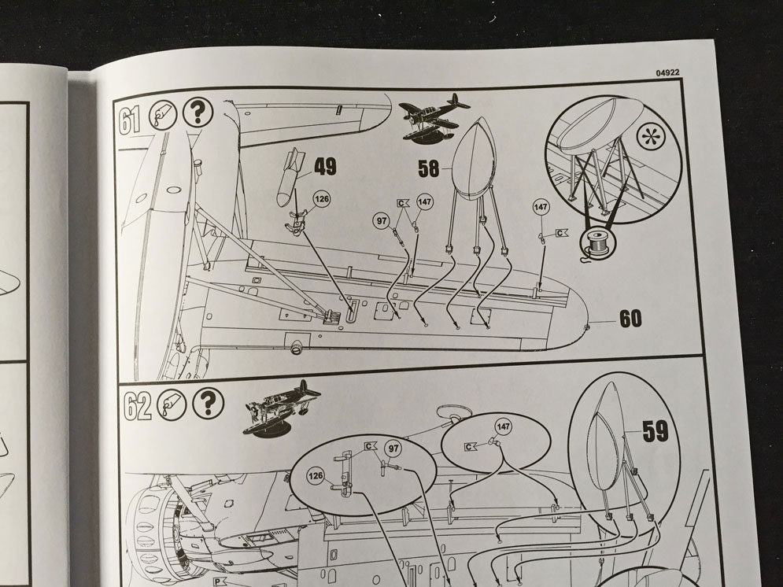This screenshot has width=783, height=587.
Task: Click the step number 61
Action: pos(130,120)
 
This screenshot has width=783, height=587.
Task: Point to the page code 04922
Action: pos(667,72)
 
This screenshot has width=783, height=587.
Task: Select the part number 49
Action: pos(325,166)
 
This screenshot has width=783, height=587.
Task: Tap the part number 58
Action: pos(429,168)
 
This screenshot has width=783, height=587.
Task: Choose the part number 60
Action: pos(630,319)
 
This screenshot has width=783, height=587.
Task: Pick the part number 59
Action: pos(655,431)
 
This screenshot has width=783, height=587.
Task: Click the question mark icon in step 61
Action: pos(198,113)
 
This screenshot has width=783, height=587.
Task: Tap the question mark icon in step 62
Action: pos(209,404)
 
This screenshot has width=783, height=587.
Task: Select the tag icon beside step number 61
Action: pos(163,116)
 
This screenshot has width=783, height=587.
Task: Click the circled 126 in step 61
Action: pos(323,199)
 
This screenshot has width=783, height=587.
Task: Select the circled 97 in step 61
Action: pos(382,220)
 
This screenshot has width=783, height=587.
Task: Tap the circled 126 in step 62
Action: pos(316,476)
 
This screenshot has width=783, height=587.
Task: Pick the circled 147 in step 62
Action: pos(504,426)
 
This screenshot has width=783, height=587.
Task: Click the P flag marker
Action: pos(218,582)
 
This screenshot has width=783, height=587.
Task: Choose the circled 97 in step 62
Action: pos(393,449)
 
